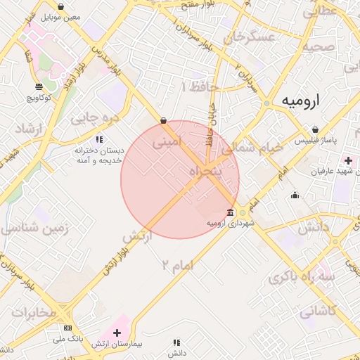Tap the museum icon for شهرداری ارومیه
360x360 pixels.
231,212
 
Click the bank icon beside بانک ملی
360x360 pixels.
67,328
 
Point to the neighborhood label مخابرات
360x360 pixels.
33,312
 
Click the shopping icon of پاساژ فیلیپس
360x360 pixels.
315,129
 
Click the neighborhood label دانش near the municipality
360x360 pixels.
314,227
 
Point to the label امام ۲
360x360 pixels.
176,264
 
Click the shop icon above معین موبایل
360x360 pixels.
60,6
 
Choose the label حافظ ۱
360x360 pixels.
200,87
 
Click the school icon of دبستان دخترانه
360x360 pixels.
100,139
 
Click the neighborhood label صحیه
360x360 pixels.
318,48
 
